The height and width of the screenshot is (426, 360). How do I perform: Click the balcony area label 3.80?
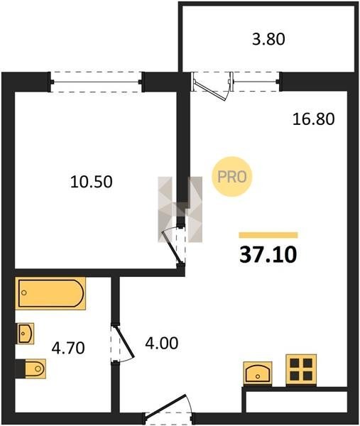pos(268,39)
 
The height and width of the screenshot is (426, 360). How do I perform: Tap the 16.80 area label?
pos(313,119)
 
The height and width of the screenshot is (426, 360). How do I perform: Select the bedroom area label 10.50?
pos(92,182)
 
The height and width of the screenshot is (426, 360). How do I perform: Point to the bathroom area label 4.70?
pos(68,348)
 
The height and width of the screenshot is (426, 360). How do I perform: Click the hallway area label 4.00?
pos(162,343)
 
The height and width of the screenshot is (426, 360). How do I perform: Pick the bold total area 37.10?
pos(268,256)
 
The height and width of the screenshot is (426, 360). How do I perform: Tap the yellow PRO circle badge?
pos(232,177)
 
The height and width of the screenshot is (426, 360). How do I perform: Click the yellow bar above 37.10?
pos(268,235)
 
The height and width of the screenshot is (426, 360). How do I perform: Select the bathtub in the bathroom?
pos(50,293)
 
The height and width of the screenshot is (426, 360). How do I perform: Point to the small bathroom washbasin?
pos(26,334)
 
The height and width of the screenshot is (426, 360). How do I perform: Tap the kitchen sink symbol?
pos(258,373)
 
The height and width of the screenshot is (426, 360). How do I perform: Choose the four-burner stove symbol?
pos(301,369)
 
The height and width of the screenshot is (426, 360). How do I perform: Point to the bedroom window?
pos(96,82)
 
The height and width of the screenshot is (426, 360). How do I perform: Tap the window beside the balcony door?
pos(256,81)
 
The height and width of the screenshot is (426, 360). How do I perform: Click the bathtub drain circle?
pos(24,293)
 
